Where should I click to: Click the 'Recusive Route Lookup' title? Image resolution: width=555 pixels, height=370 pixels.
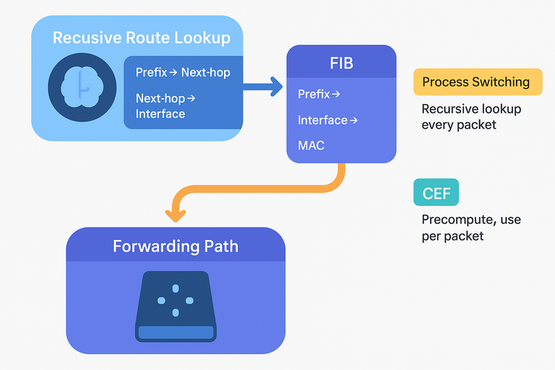[142, 38]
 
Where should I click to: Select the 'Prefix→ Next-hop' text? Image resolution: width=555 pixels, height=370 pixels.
[183, 72]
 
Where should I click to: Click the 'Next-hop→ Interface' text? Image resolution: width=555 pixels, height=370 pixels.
[165, 106]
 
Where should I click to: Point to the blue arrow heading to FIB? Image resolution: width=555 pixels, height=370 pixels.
[263, 87]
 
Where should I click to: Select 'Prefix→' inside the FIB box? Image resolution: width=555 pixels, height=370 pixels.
[319, 94]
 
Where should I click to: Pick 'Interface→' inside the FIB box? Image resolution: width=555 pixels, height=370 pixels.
[327, 120]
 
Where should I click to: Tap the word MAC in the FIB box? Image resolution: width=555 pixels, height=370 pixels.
[311, 145]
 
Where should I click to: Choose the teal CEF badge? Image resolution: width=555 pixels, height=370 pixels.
[436, 193]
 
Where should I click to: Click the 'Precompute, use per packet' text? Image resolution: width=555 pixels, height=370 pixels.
[471, 228]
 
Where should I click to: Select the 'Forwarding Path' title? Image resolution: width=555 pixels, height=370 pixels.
[176, 246]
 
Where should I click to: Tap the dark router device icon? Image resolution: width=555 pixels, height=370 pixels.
[175, 306]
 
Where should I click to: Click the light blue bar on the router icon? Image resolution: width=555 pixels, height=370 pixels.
[175, 332]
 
